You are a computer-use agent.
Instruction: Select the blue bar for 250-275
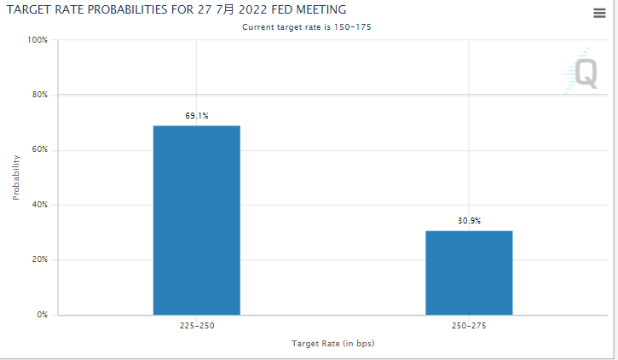tap(469, 272)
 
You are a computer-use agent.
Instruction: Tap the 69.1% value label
tap(197, 115)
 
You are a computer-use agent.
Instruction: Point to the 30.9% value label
tap(469, 220)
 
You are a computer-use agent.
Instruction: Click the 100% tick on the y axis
tap(37, 40)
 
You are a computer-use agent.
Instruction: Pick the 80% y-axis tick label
tap(38, 95)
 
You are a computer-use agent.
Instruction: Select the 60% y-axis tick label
tap(38, 150)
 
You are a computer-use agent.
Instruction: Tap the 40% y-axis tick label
tap(38, 205)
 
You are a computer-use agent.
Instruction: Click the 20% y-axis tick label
tap(38, 260)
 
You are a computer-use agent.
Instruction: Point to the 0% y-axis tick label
tap(41, 315)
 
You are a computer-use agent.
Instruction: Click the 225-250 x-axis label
tap(197, 326)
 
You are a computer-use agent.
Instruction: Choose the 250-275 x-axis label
tap(469, 326)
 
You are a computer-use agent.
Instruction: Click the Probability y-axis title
tap(16, 177)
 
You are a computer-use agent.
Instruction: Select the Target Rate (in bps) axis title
tap(333, 343)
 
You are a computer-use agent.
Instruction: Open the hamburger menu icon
tap(599, 12)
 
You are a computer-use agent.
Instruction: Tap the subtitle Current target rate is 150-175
tap(307, 27)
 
